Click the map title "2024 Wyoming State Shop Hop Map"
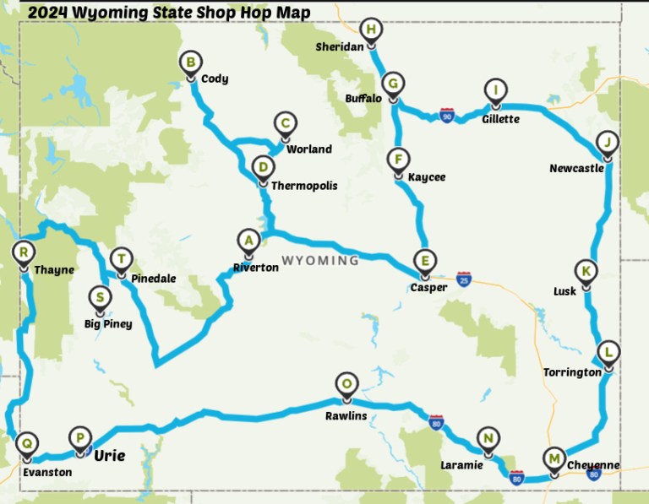(x=168, y=12)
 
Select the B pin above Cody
(x=192, y=62)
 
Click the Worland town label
(x=309, y=149)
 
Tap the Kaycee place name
(x=426, y=177)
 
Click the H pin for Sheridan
(x=371, y=30)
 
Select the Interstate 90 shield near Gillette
(x=446, y=114)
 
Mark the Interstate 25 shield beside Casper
(x=463, y=278)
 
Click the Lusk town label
(x=565, y=291)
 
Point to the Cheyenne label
(x=593, y=465)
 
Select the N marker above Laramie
(x=488, y=439)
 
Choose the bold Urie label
(x=109, y=456)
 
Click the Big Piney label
(x=108, y=323)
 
